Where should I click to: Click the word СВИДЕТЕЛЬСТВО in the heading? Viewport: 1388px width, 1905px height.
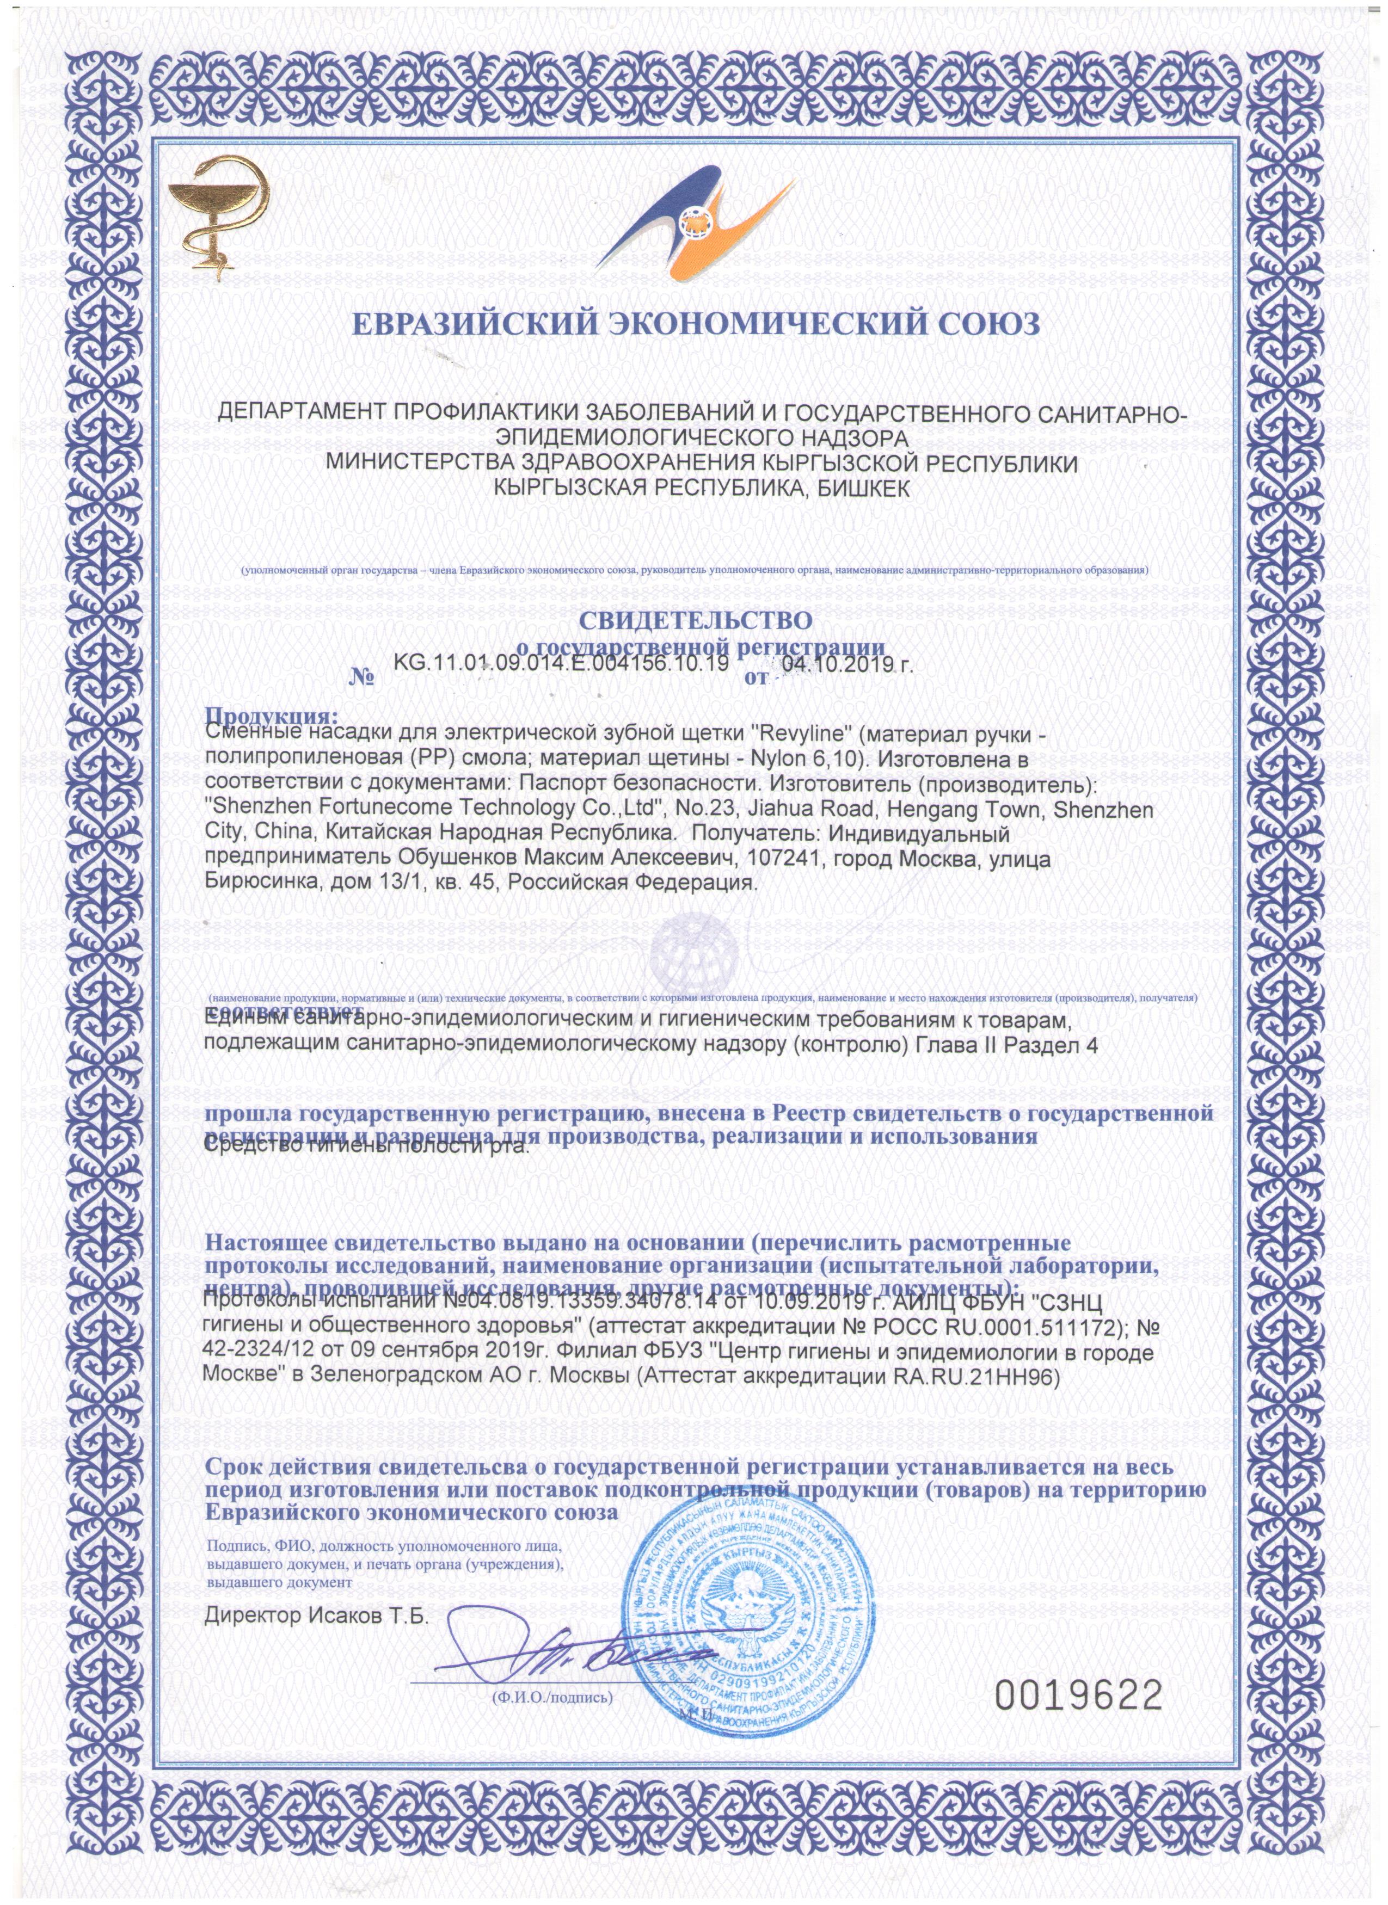pos(695,621)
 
